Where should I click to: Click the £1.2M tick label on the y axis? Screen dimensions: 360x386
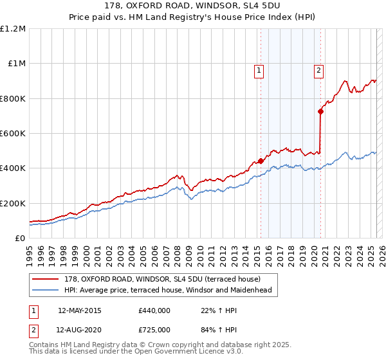13,29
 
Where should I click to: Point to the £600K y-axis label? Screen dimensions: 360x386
13,134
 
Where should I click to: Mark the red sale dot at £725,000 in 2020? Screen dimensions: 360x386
320,111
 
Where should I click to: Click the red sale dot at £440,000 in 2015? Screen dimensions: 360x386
261,161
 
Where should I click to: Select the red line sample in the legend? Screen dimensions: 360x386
45,280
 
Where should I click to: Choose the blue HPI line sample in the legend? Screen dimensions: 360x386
45,291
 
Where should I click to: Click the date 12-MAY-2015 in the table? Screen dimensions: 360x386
80,310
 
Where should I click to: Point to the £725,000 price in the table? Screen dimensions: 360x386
154,330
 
